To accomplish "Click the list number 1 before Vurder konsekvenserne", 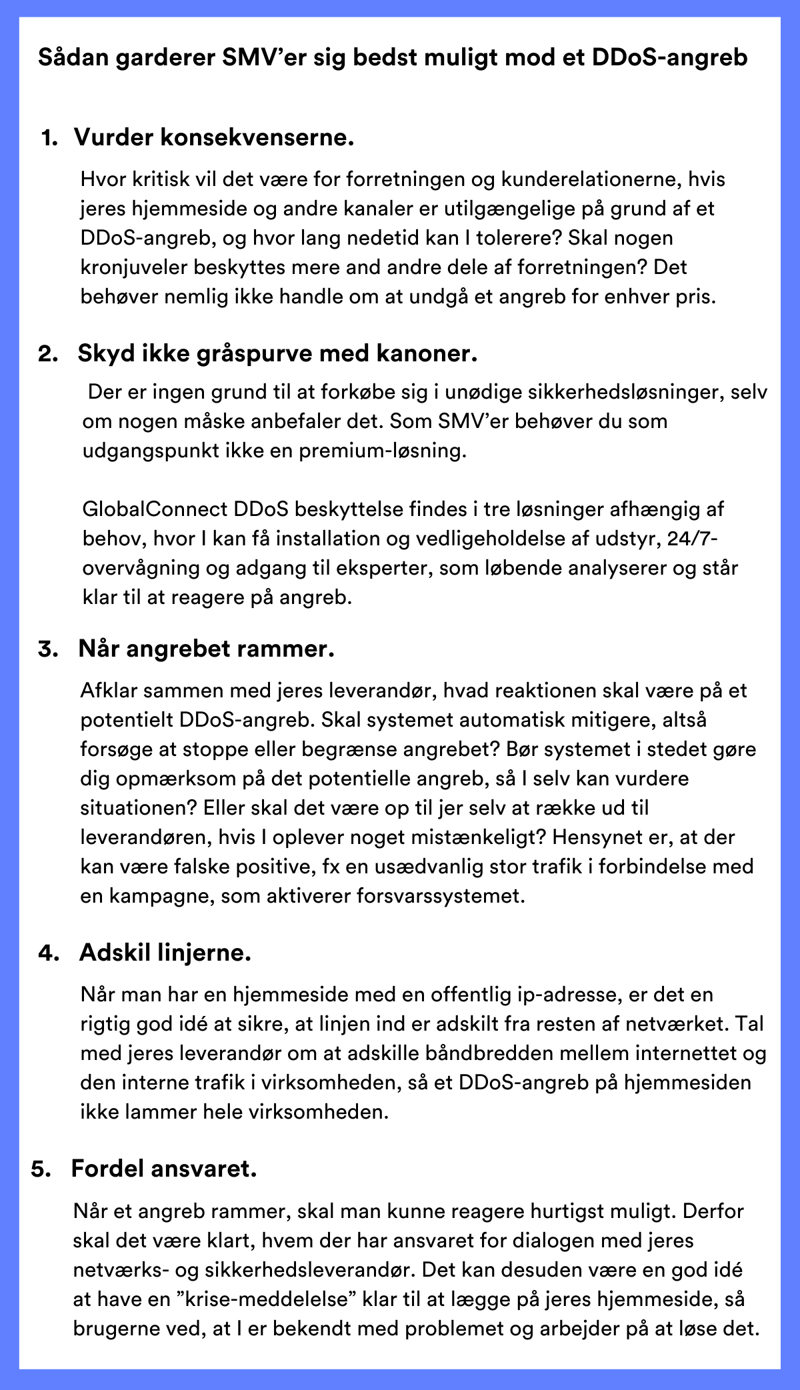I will [x=49, y=138].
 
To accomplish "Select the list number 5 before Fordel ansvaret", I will [x=41, y=1169].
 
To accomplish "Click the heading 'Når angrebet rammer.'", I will [x=206, y=648].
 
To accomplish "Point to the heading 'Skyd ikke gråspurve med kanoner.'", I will [x=277, y=353].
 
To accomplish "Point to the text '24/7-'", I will [x=693, y=539].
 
